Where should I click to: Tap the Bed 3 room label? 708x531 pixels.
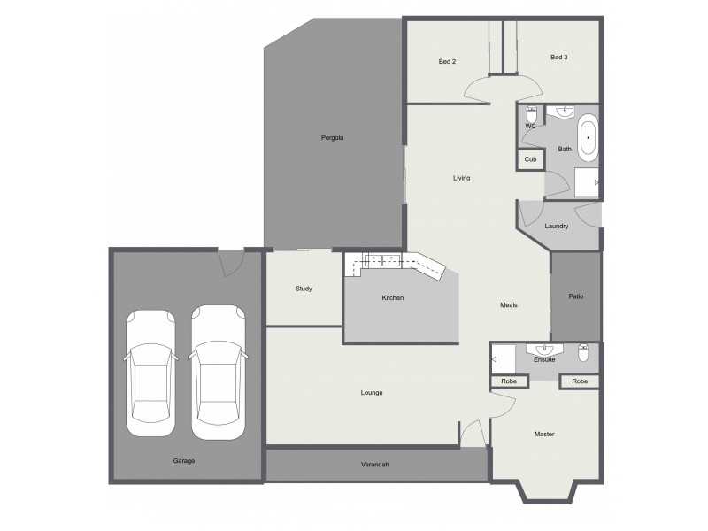(x=558, y=58)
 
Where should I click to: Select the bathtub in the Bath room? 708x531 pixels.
(x=588, y=140)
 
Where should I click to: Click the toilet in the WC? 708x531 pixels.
(x=531, y=117)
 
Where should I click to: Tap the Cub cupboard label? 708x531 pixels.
(x=530, y=159)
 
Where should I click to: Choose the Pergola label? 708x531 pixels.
(x=332, y=138)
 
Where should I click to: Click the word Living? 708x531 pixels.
(x=461, y=178)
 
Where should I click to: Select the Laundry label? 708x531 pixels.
(x=557, y=227)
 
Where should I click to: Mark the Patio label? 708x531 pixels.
(x=575, y=296)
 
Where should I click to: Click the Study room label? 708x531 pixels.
(x=304, y=289)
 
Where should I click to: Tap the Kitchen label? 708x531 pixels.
(x=392, y=298)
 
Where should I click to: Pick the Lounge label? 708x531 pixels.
(x=372, y=392)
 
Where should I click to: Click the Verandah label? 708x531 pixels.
(x=375, y=465)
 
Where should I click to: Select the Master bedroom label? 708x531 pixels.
(x=543, y=434)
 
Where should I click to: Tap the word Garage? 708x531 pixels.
(x=184, y=461)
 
